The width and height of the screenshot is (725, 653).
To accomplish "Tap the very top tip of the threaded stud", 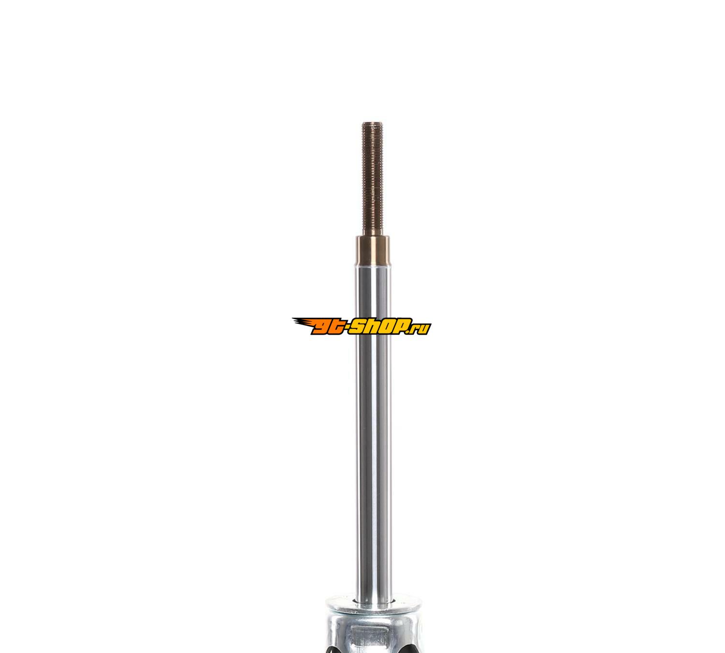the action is point(373,123).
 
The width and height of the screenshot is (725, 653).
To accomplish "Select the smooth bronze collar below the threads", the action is point(373,251).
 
